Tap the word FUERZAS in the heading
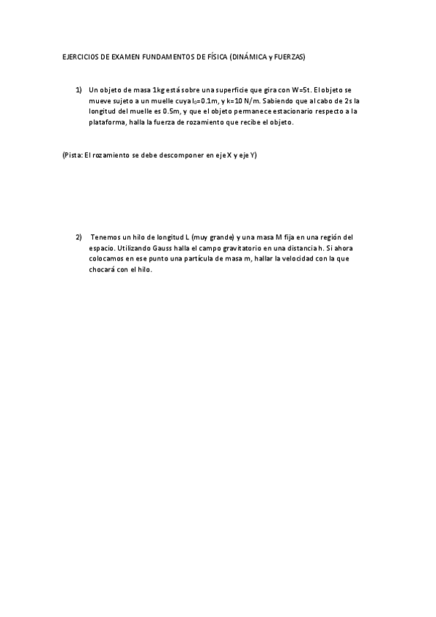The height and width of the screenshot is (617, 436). coord(289,56)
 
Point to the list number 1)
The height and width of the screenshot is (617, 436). coord(79,89)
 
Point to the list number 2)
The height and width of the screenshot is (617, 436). coord(79,237)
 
